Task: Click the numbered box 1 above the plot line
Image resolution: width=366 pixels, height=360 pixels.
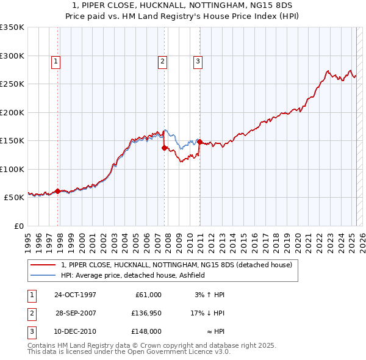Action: click(56, 61)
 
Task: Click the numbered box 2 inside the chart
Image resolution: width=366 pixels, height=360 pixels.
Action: click(163, 61)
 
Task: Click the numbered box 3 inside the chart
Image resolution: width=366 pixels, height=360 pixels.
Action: click(198, 61)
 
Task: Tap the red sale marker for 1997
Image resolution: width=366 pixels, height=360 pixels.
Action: click(58, 191)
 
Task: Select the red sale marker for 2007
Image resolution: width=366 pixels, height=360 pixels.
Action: click(165, 148)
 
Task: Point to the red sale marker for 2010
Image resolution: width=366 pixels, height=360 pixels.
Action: click(199, 142)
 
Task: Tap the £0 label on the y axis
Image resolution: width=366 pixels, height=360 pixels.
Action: click(18, 226)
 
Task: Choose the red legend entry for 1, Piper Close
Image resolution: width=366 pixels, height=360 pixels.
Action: click(177, 265)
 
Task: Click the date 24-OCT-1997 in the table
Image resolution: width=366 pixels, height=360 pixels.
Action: click(76, 295)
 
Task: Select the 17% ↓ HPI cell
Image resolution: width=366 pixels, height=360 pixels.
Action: click(207, 314)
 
